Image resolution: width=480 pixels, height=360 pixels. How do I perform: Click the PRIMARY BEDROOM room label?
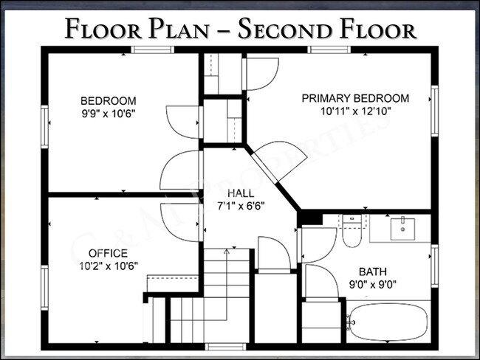(354, 98)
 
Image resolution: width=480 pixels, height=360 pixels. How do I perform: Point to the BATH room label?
(372, 271)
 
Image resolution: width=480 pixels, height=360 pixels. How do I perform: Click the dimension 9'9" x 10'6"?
(108, 114)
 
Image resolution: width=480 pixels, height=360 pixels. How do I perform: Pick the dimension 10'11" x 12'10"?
(354, 112)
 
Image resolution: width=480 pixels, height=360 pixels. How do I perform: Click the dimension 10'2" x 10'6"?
(108, 265)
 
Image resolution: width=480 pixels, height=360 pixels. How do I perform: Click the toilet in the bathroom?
(351, 231)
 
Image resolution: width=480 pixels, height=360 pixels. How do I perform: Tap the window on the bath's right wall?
(434, 265)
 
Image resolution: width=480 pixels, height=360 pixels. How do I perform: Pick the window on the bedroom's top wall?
(152, 49)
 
